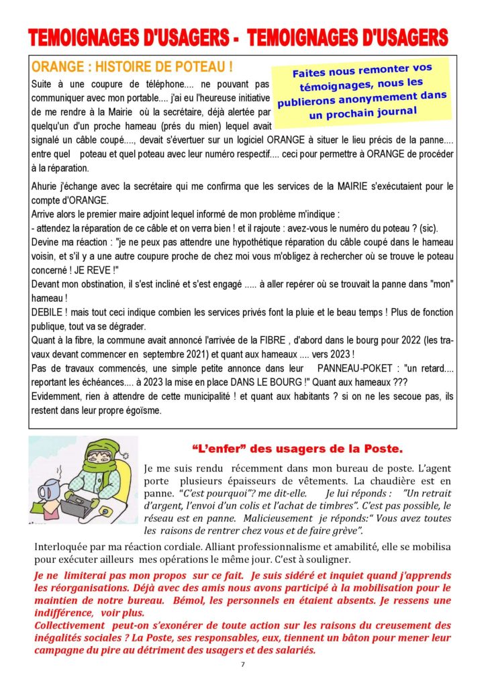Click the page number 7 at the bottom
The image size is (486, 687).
tap(242, 665)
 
